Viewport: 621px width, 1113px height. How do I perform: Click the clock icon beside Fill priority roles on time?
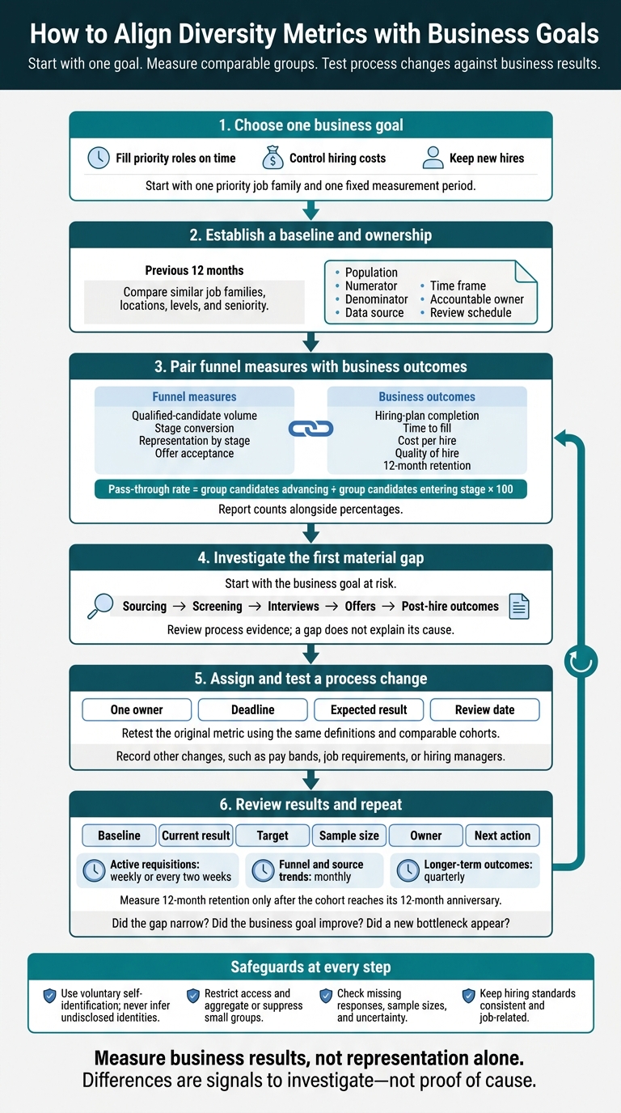click(x=99, y=158)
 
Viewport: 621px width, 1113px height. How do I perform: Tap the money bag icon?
click(x=272, y=158)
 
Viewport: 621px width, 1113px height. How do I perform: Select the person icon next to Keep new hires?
click(x=433, y=158)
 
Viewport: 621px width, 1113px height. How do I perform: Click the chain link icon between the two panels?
click(x=310, y=429)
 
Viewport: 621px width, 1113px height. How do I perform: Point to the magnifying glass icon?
click(x=99, y=606)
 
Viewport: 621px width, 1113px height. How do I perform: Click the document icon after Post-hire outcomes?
click(x=519, y=606)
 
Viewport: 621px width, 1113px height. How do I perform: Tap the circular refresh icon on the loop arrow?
click(x=581, y=662)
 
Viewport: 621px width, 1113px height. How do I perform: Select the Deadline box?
click(x=253, y=709)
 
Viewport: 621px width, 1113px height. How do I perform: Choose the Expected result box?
click(x=369, y=709)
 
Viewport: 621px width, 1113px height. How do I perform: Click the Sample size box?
click(x=349, y=836)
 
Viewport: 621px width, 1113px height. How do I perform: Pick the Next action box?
click(x=502, y=836)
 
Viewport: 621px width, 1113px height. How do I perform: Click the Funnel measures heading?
click(x=194, y=396)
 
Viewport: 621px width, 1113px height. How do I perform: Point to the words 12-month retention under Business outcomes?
click(x=427, y=466)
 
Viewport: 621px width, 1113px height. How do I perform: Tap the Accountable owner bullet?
click(x=477, y=299)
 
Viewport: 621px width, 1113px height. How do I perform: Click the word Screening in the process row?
click(x=217, y=606)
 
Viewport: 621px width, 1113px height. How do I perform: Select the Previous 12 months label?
click(x=194, y=270)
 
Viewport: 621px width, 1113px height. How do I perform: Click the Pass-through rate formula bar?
click(x=310, y=489)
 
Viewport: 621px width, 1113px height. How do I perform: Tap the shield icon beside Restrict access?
click(x=193, y=996)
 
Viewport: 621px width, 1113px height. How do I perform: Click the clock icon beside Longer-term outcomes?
click(x=408, y=870)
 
